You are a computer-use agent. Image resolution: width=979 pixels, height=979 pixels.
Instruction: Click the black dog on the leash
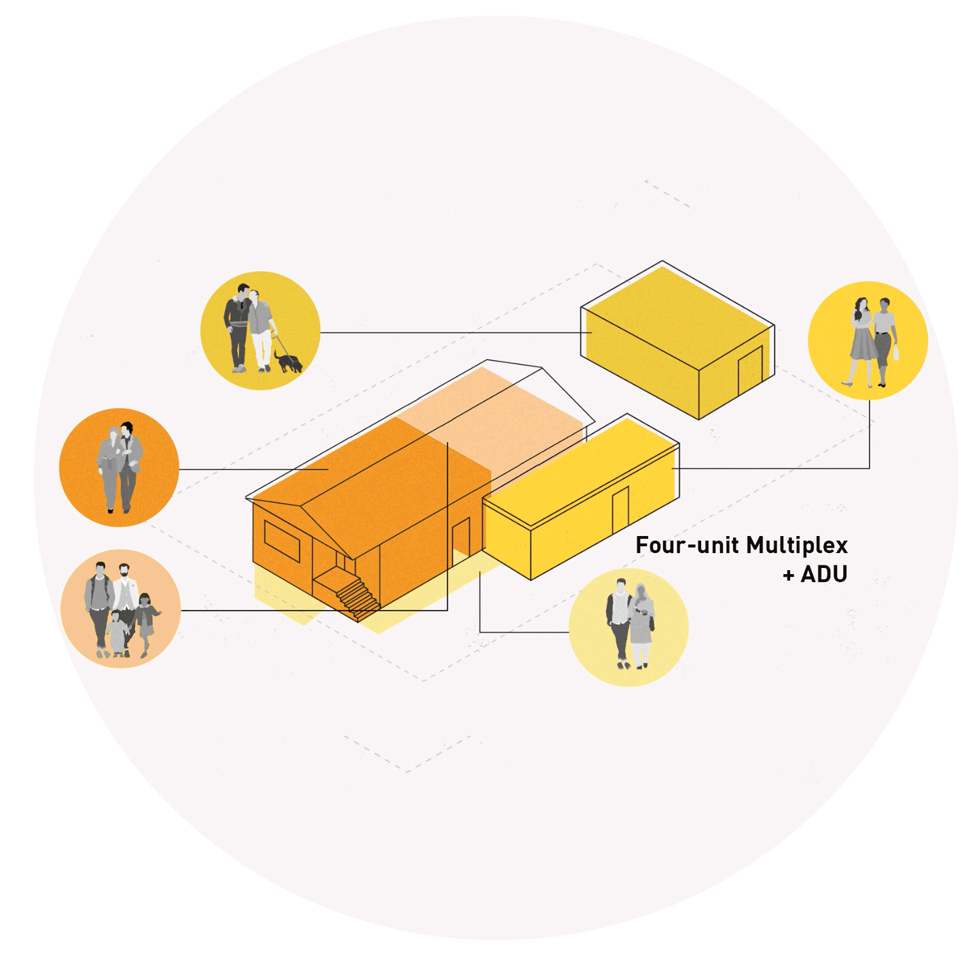(x=289, y=361)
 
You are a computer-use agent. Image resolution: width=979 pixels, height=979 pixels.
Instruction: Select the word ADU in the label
(x=823, y=575)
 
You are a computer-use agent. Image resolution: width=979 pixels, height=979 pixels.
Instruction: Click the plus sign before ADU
(x=788, y=575)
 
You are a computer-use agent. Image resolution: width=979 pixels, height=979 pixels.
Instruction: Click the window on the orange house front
(x=282, y=541)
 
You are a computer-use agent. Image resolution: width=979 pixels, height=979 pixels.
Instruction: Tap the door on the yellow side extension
(x=620, y=510)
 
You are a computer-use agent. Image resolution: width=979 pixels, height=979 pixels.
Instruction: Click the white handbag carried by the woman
(x=896, y=353)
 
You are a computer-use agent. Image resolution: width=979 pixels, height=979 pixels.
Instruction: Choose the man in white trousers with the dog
(x=260, y=331)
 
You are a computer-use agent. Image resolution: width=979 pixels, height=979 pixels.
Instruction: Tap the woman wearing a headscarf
(x=641, y=623)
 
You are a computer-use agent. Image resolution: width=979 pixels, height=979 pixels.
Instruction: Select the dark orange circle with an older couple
(x=119, y=467)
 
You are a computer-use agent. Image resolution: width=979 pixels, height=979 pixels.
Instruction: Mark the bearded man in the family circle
(x=125, y=590)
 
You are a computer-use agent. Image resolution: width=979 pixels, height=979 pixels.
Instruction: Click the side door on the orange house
(x=461, y=541)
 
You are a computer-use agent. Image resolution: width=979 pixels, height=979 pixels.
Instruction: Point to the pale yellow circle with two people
(x=628, y=627)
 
